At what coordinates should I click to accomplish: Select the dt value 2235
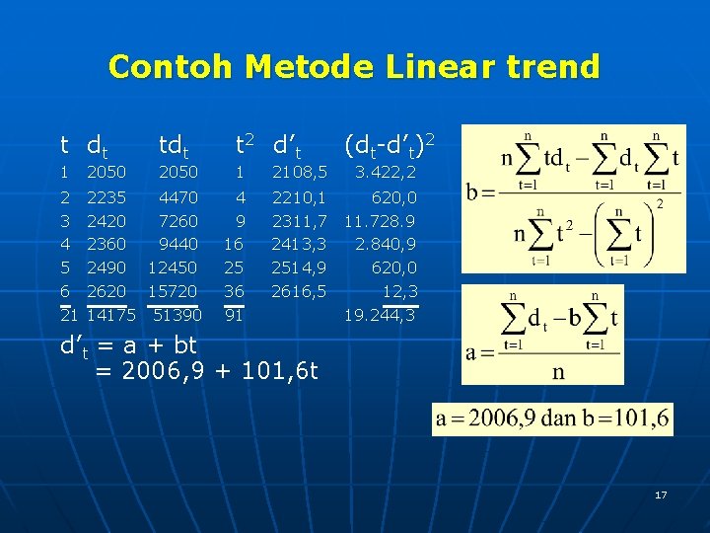coord(106,197)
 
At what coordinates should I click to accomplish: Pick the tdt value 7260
coord(178,220)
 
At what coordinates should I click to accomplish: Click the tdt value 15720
coord(173,291)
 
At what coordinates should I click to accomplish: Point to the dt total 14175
coord(111,315)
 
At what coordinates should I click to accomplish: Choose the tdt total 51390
coord(177,315)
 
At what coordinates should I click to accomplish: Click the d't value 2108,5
coord(300,173)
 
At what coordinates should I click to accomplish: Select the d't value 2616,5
coord(300,291)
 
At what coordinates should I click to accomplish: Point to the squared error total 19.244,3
coord(381,315)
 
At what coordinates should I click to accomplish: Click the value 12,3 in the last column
coord(399,291)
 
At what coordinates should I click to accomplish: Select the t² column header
coord(244,146)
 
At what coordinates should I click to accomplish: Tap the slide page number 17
coord(661,494)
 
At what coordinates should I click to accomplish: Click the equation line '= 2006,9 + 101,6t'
coord(207,370)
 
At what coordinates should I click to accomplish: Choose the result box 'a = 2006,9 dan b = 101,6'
coord(553,419)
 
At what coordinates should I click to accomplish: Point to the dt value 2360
coord(106,244)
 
